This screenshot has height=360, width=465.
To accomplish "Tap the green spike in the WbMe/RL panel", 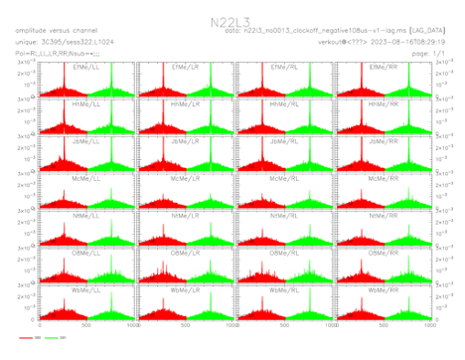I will [x=308, y=298].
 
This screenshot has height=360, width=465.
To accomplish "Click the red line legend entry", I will [x=28, y=340].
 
